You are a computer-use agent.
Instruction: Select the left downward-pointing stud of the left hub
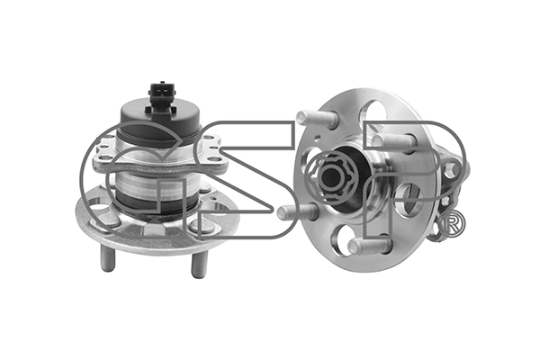pyautogui.click(x=108, y=257)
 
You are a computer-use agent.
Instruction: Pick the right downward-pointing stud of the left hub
pyautogui.click(x=198, y=265)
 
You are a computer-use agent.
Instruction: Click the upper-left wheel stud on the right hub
pyautogui.click(x=316, y=119)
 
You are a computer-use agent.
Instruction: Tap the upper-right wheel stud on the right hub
pyautogui.click(x=393, y=142)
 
